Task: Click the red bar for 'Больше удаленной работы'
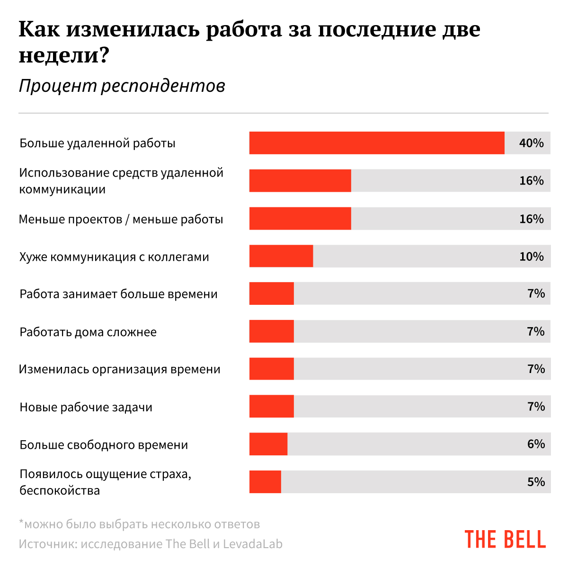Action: point(377,143)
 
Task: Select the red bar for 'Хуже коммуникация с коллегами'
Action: point(281,256)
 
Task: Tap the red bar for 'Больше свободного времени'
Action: point(268,444)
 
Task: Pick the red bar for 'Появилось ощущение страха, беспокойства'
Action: point(265,482)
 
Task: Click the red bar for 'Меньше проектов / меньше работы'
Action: point(300,219)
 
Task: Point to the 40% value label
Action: point(531,143)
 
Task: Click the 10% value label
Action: point(531,256)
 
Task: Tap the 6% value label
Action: point(536,444)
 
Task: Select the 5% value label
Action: point(536,482)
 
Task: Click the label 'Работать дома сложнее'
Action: point(88,332)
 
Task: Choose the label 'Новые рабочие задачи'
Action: point(86,407)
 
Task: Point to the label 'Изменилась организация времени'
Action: point(120,369)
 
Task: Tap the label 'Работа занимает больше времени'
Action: point(118,294)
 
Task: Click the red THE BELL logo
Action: point(505,540)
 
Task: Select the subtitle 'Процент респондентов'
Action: point(122,86)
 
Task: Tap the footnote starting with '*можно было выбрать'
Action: point(139,524)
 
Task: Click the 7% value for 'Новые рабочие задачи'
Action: point(536,407)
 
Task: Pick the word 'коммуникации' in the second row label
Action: point(62,189)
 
